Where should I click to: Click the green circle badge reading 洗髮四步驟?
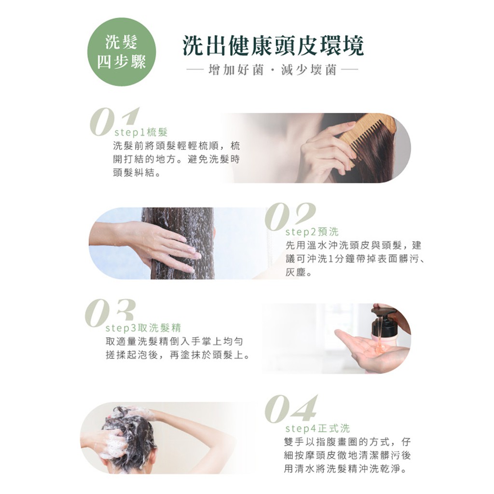(122, 52)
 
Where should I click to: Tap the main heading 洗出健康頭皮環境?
(273, 46)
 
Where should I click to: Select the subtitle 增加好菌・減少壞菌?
(273, 70)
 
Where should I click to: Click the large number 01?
(114, 122)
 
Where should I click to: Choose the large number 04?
(291, 409)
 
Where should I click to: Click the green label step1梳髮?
(141, 133)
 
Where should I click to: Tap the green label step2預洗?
(312, 232)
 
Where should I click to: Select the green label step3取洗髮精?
(143, 328)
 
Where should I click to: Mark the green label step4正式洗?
(317, 428)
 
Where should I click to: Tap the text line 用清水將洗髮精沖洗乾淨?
(342, 469)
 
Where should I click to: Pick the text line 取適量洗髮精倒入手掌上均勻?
(174, 342)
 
